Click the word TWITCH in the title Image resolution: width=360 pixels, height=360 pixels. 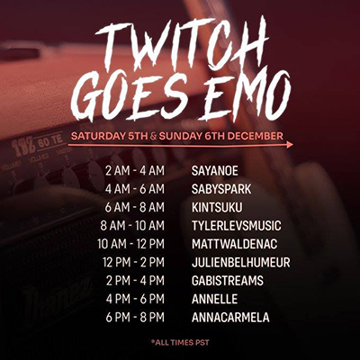pos(182,44)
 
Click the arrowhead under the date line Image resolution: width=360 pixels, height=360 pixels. pos(290,145)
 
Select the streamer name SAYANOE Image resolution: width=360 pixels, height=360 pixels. pos(215,171)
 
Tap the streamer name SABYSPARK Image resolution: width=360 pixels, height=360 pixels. pos(221,189)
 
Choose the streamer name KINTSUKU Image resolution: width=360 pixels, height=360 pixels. pos(217,208)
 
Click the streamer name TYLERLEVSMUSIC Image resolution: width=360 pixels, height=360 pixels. pos(237,226)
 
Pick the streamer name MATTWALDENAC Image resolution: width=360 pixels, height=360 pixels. pos(234,244)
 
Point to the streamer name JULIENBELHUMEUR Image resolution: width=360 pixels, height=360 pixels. pos(241,263)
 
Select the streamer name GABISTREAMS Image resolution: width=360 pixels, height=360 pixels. pos(228,281)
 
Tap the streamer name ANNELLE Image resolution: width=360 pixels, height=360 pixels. pos(214,299)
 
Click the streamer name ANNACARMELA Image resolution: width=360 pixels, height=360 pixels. pos(230,318)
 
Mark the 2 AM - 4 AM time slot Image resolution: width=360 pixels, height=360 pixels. pos(135,171)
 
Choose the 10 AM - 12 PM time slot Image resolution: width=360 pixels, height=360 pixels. pos(130,244)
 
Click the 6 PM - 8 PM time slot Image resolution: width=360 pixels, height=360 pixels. pos(135,318)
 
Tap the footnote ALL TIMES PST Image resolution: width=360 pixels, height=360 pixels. pos(180,343)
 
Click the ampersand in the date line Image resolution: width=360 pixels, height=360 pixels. pos(153,137)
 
